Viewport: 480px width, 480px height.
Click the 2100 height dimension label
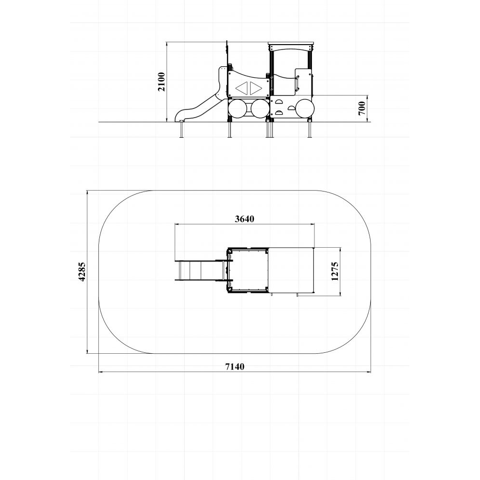pos(161,82)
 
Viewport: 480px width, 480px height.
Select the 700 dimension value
pos(362,108)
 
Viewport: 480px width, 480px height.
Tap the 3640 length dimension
pos(245,219)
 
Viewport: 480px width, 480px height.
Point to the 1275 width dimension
pos(335,271)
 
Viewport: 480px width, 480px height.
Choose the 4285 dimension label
pos(82,272)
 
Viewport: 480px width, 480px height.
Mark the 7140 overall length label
pos(235,366)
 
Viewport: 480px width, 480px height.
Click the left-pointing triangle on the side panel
pos(242,88)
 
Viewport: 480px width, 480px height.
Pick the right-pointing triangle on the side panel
pos(255,88)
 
